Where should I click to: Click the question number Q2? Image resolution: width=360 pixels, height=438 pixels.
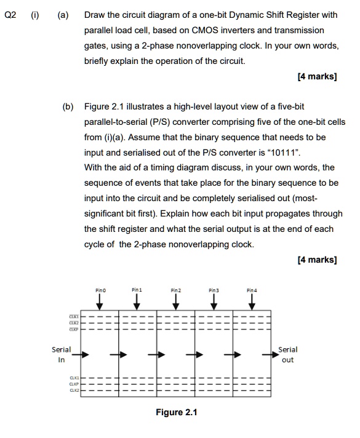(11, 15)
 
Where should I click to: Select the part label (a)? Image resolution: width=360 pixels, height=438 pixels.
(63, 15)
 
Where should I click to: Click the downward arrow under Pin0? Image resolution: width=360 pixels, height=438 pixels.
(100, 300)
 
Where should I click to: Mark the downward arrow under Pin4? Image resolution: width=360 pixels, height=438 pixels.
(251, 300)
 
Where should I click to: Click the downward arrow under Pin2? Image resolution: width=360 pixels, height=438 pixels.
(176, 300)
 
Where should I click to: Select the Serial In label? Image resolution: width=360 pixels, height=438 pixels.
(61, 354)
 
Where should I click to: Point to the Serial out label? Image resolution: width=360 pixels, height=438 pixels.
(288, 354)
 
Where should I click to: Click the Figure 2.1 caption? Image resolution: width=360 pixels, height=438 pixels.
(177, 412)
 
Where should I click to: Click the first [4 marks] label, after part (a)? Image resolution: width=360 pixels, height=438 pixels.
(316, 77)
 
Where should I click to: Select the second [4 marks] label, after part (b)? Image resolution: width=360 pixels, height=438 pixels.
(316, 260)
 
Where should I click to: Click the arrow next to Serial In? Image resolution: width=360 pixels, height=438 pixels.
(86, 354)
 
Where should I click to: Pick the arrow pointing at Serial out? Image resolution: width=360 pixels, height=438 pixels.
(271, 354)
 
